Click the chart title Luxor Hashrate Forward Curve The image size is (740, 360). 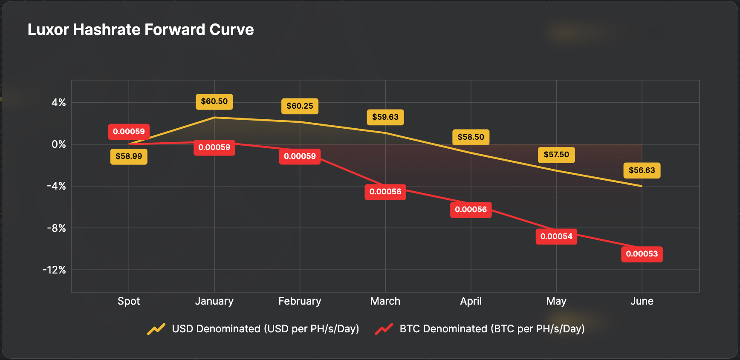(141, 30)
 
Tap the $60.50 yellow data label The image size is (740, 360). (214, 101)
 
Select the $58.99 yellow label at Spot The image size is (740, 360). (129, 156)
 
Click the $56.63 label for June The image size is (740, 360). (642, 170)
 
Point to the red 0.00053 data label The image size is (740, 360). (642, 254)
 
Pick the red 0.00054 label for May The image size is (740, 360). (556, 236)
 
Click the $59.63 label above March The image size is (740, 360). (385, 117)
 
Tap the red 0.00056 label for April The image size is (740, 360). (471, 210)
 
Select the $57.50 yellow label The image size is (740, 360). (556, 155)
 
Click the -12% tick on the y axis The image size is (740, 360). (54, 270)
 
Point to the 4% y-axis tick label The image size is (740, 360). (59, 103)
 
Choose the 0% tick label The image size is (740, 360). (59, 144)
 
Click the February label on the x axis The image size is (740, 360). (300, 301)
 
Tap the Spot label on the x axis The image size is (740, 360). (129, 301)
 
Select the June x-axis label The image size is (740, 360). (642, 301)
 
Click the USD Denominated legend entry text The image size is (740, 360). (265, 329)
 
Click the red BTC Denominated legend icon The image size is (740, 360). (384, 329)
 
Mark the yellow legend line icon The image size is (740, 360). (156, 329)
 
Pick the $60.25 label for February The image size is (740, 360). (300, 106)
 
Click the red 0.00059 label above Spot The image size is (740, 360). (129, 132)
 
